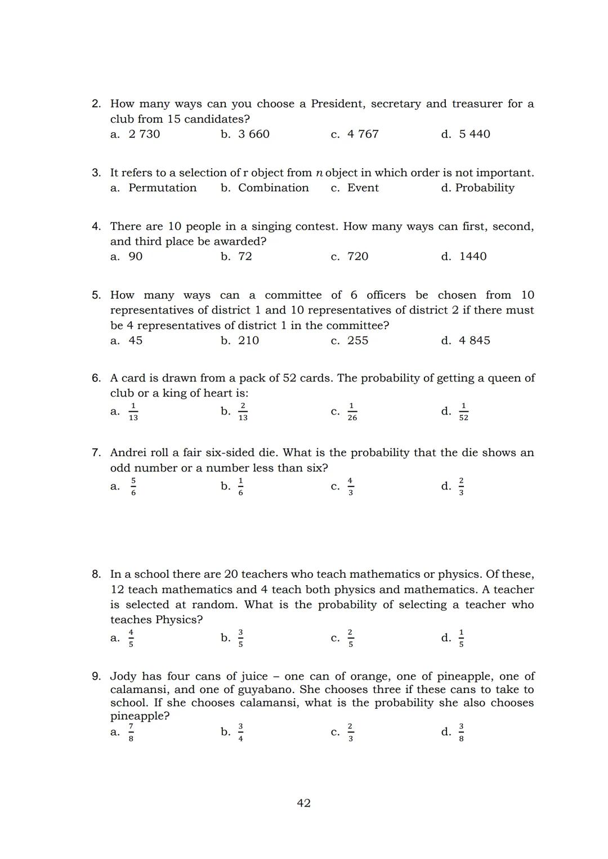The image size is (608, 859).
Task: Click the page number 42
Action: coord(303,803)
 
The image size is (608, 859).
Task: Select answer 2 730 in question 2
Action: coord(144,134)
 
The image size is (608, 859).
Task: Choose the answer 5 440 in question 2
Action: coord(474,134)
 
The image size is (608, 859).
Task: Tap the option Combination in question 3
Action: coord(273,188)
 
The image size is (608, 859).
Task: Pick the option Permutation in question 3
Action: coord(162,188)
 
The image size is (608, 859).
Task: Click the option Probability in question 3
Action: coord(484,188)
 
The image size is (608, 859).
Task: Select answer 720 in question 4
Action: coord(357,257)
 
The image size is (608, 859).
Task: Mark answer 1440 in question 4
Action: coord(473,257)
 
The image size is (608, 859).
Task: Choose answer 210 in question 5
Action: coord(248,340)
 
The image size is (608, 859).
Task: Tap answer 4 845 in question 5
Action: coord(474,340)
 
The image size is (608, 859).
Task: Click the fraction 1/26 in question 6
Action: coord(352,412)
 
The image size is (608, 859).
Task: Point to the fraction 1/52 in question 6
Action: coord(463,412)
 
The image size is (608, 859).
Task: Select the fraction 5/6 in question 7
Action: coord(133,487)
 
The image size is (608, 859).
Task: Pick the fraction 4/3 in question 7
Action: coord(350,487)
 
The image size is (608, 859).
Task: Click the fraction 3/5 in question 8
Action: coord(240,638)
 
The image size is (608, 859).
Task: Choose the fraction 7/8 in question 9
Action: coord(131,732)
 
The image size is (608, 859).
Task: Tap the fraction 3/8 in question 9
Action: coord(461,732)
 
